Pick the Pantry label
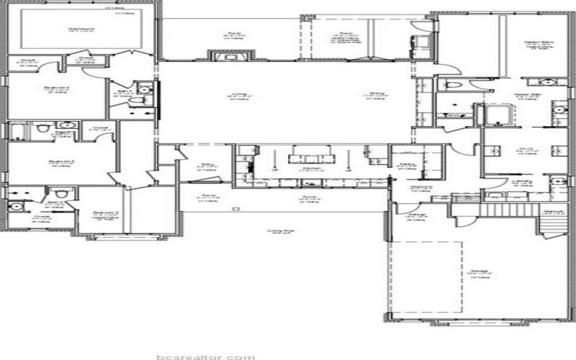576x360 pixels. pyautogui.click(x=405, y=165)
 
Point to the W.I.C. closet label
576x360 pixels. pyautogui.click(x=524, y=150)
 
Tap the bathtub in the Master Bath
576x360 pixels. pyautogui.click(x=497, y=114)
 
